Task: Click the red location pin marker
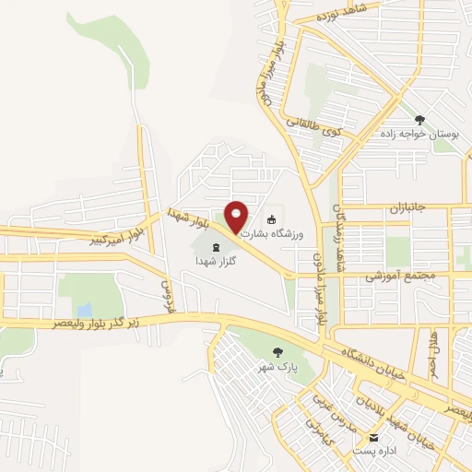[x=236, y=216]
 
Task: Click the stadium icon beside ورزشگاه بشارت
[x=271, y=219]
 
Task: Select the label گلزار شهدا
[x=217, y=262]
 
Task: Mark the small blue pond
[x=85, y=309]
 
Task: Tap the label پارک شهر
[x=277, y=366]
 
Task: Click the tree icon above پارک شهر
[x=277, y=351]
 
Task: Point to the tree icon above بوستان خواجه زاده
[x=420, y=119]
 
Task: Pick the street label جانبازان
[x=406, y=208]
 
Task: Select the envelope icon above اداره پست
[x=374, y=437]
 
